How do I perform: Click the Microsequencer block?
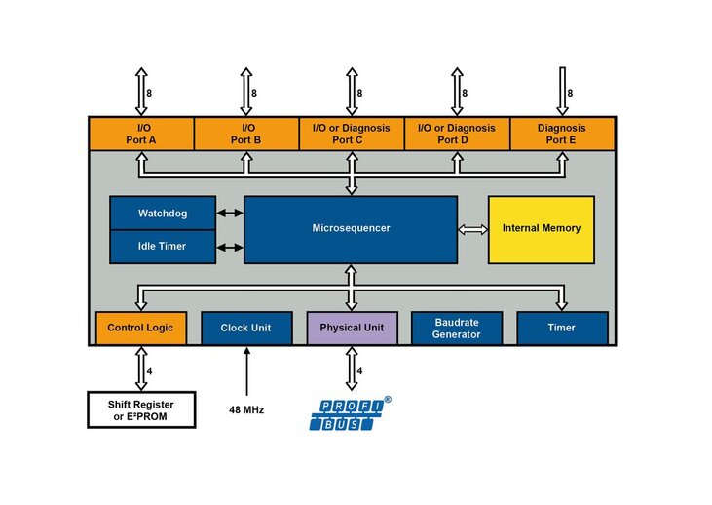pos(351,229)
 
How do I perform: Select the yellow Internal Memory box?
pos(541,229)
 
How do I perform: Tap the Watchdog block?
pos(162,213)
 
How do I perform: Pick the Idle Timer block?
pos(162,247)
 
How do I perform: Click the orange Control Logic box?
pos(140,329)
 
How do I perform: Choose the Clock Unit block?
pos(245,329)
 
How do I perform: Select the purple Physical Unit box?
pos(352,329)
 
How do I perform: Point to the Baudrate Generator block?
pos(457,329)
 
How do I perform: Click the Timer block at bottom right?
pos(562,329)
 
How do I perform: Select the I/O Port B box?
pos(246,134)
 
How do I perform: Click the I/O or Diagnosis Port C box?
pos(351,134)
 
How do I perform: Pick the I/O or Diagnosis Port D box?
pos(457,134)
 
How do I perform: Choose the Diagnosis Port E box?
pos(562,134)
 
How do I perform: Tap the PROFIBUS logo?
pos(349,414)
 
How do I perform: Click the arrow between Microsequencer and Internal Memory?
pos(472,229)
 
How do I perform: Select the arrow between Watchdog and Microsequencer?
pos(229,213)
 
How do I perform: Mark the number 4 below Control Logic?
pos(149,370)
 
